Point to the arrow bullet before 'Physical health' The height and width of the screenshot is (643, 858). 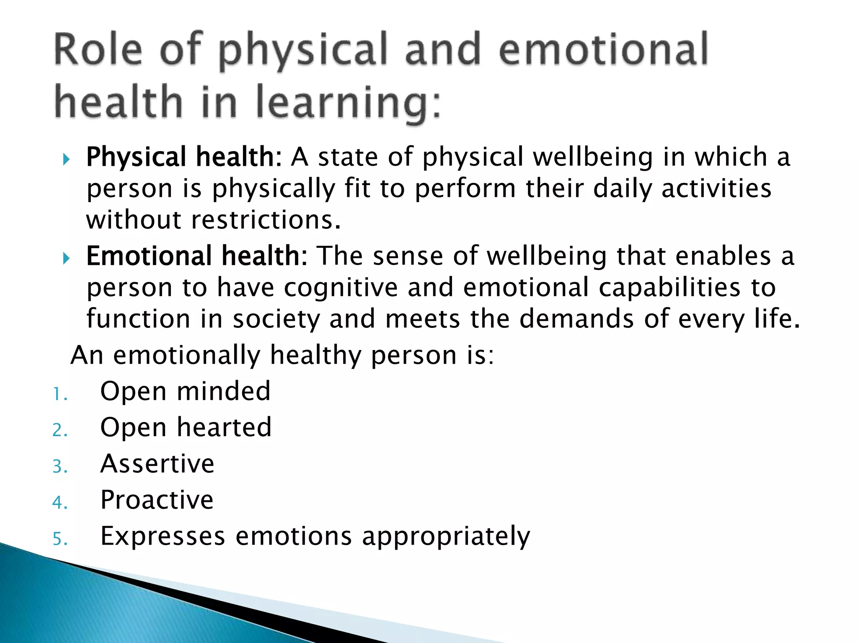tap(66, 159)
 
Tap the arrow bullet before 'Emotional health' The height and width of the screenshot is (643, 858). tap(66, 258)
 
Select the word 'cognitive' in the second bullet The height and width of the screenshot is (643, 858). tap(340, 288)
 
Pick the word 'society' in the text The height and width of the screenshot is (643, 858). tap(276, 319)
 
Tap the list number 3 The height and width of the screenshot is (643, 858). tap(59, 466)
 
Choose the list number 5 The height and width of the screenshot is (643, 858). tap(59, 539)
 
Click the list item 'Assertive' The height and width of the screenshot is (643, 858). tap(157, 464)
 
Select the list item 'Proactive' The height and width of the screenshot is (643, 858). tap(157, 500)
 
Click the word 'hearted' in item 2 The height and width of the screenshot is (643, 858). tap(224, 427)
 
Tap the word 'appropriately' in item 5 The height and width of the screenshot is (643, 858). tap(446, 537)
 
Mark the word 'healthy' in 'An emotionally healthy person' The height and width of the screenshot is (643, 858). tap(315, 356)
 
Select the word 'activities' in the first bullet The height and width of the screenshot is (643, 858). tap(716, 188)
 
